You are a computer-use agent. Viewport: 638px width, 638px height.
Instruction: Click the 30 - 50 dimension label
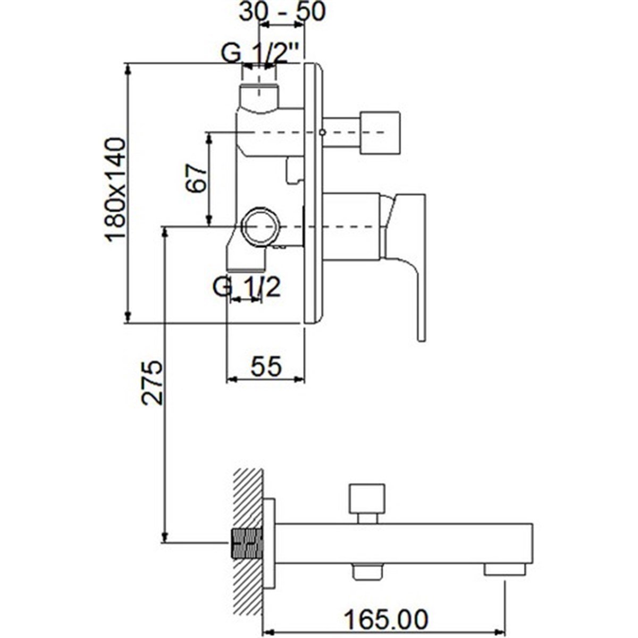click(x=282, y=12)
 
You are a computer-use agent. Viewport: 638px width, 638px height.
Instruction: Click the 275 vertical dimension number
click(x=152, y=382)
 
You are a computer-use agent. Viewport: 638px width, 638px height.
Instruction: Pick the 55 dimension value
click(x=266, y=366)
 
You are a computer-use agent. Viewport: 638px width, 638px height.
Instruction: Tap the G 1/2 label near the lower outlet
click(x=247, y=288)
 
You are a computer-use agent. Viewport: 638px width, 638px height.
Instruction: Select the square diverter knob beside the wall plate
click(x=381, y=132)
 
